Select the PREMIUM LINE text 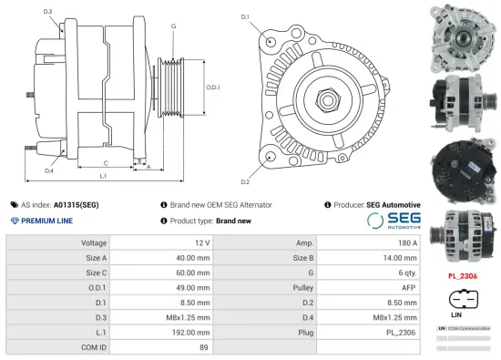pos(46,221)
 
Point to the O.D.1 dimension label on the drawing pos(213,87)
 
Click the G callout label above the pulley pos(173,26)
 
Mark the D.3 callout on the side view pos(47,12)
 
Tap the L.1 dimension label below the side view pos(103,175)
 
